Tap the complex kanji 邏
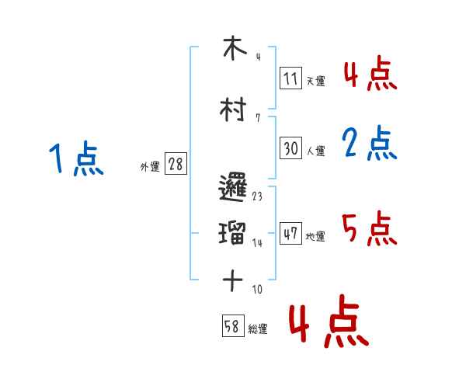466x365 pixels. pyautogui.click(x=232, y=188)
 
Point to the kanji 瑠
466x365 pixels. pyautogui.click(x=232, y=232)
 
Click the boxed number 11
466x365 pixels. pyautogui.click(x=291, y=78)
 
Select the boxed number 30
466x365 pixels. pyautogui.click(x=291, y=148)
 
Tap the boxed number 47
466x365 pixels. pyautogui.click(x=291, y=233)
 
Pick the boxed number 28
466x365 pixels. pyautogui.click(x=176, y=165)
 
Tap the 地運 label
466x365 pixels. pyautogui.click(x=315, y=236)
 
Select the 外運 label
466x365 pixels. pyautogui.click(x=150, y=167)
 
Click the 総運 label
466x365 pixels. pyautogui.click(x=258, y=329)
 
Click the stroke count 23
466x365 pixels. pyautogui.click(x=257, y=196)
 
